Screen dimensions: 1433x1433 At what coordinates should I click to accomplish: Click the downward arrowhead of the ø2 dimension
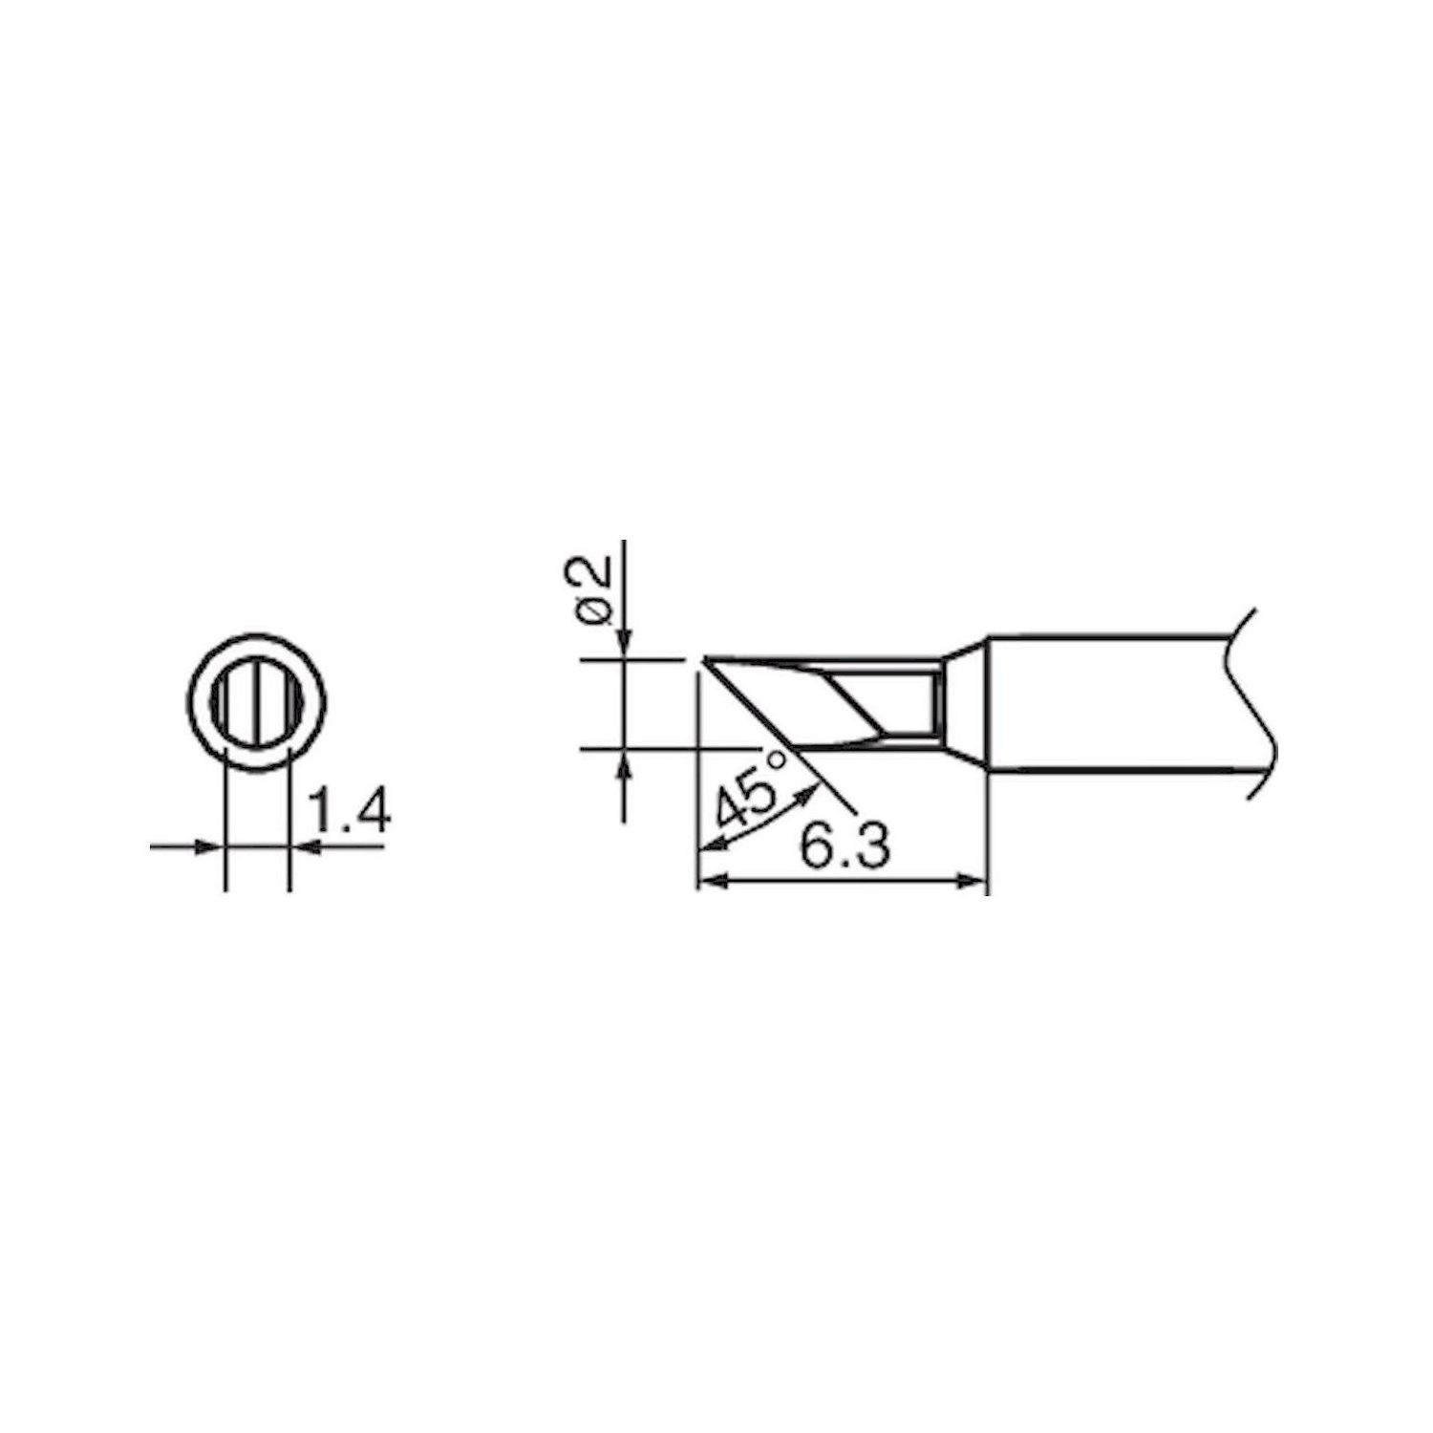coord(625,644)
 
